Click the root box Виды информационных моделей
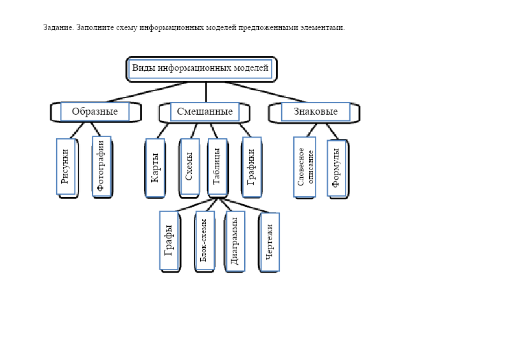pyautogui.click(x=201, y=68)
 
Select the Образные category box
pyautogui.click(x=94, y=112)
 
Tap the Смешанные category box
pyautogui.click(x=205, y=112)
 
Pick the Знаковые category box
pyautogui.click(x=316, y=112)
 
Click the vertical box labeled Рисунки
pyautogui.click(x=66, y=167)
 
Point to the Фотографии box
pyautogui.click(x=101, y=167)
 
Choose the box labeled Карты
pyautogui.click(x=155, y=168)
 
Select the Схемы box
pyautogui.click(x=189, y=168)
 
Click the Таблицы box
pyautogui.click(x=217, y=168)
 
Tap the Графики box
pyautogui.click(x=251, y=168)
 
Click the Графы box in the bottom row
pyautogui.click(x=169, y=241)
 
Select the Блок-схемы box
pyautogui.click(x=204, y=241)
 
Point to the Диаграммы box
pyautogui.click(x=235, y=241)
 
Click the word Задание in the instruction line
pyautogui.click(x=58, y=27)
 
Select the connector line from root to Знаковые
pyautogui.click(x=265, y=92)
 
